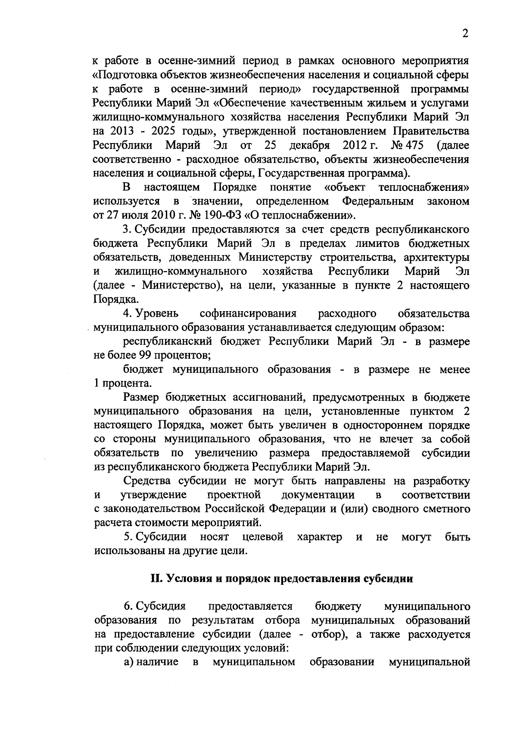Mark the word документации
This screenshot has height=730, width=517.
(318, 495)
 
